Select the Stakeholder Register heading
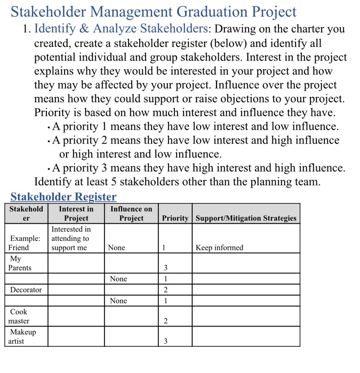pyautogui.click(x=63, y=197)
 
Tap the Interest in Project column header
pyautogui.click(x=76, y=213)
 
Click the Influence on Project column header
pyautogui.click(x=131, y=213)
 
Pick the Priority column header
pyautogui.click(x=175, y=218)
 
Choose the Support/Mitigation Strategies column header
pyautogui.click(x=245, y=218)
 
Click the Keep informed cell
pyautogui.click(x=219, y=247)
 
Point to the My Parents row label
pyautogui.click(x=20, y=263)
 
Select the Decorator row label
pyautogui.click(x=26, y=289)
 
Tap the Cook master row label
pyautogui.click(x=19, y=316)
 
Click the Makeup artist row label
pyautogui.click(x=22, y=336)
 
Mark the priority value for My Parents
pyautogui.click(x=165, y=267)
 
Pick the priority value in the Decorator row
pyautogui.click(x=165, y=289)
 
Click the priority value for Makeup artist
pyautogui.click(x=165, y=341)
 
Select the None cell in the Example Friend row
pyautogui.click(x=117, y=247)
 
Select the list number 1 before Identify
pyautogui.click(x=26, y=29)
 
